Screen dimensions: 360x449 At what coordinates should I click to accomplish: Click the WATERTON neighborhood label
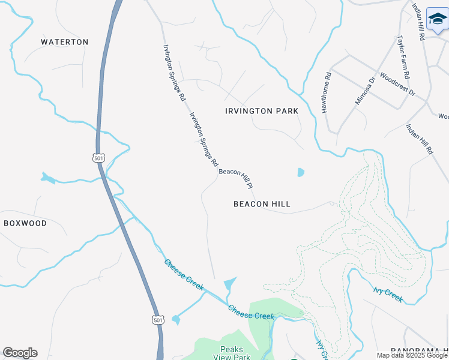(64, 42)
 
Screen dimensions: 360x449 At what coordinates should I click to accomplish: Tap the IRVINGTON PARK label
(261, 111)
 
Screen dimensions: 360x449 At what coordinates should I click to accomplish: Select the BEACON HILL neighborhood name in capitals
(262, 204)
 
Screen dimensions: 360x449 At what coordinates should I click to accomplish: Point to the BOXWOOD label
(25, 223)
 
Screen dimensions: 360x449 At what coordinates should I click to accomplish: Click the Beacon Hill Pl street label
(237, 178)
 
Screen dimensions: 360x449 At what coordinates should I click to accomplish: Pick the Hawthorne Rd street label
(327, 94)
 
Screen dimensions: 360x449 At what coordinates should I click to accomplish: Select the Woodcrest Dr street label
(397, 85)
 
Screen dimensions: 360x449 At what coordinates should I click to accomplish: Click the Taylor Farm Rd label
(402, 57)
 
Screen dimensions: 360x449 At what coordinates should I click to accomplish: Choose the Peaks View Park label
(231, 353)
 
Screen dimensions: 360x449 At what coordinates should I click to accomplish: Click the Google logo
(20, 353)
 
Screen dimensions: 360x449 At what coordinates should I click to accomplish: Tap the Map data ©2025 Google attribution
(412, 355)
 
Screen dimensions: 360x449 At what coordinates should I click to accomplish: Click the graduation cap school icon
(438, 20)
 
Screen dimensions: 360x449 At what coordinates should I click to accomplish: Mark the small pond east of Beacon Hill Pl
(301, 172)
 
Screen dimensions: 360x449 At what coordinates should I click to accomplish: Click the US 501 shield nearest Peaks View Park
(157, 320)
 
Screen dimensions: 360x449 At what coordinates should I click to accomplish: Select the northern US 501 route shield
(99, 157)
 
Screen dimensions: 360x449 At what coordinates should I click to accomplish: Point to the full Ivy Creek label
(388, 294)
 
